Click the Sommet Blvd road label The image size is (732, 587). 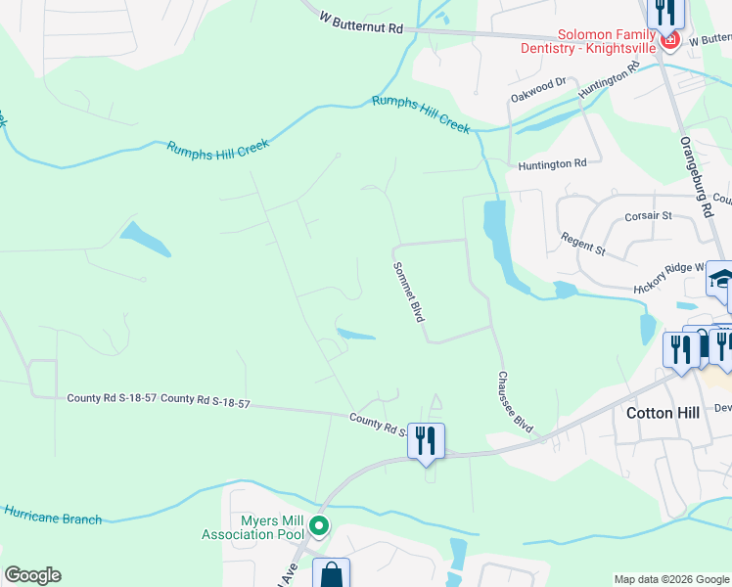coord(408,292)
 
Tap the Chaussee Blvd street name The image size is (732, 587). coord(515,402)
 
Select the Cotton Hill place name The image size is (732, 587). coord(663,413)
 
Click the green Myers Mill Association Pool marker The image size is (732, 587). coord(318,527)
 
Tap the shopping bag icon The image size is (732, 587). coord(331,573)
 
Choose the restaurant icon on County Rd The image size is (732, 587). coord(426,439)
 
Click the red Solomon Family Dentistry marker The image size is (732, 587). coord(670,39)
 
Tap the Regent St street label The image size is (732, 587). coord(584,245)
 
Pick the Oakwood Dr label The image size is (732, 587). coord(538,91)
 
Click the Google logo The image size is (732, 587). coord(32,575)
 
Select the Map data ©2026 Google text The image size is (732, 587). coord(670,579)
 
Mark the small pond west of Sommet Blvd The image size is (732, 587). coord(354,336)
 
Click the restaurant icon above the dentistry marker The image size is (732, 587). coord(664,12)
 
